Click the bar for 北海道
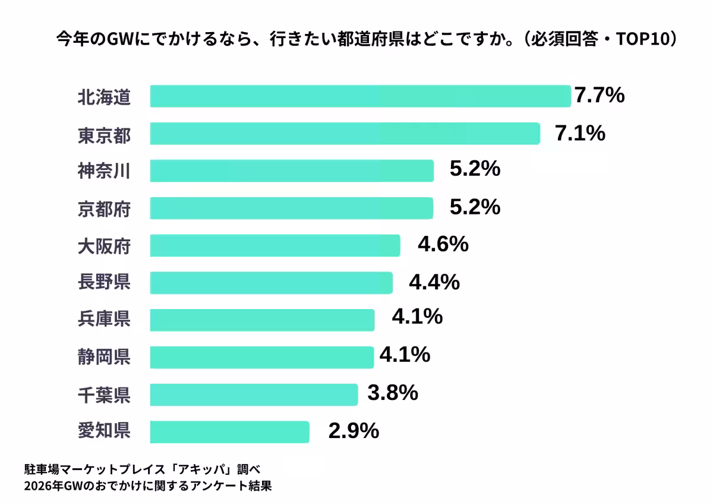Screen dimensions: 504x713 click(360, 96)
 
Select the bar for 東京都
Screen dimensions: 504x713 click(345, 134)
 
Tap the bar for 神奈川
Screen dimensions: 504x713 click(291, 171)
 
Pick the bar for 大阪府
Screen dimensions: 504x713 click(275, 245)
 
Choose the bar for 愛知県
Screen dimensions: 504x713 click(229, 432)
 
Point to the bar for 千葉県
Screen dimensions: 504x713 click(254, 395)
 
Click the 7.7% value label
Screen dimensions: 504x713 click(600, 95)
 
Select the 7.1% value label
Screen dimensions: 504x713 click(580, 134)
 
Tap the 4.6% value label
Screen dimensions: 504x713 click(443, 244)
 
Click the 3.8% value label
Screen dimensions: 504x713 click(393, 393)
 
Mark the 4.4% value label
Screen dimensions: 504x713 click(434, 282)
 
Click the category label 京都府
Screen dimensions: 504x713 click(104, 209)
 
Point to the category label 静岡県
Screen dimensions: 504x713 click(104, 357)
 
